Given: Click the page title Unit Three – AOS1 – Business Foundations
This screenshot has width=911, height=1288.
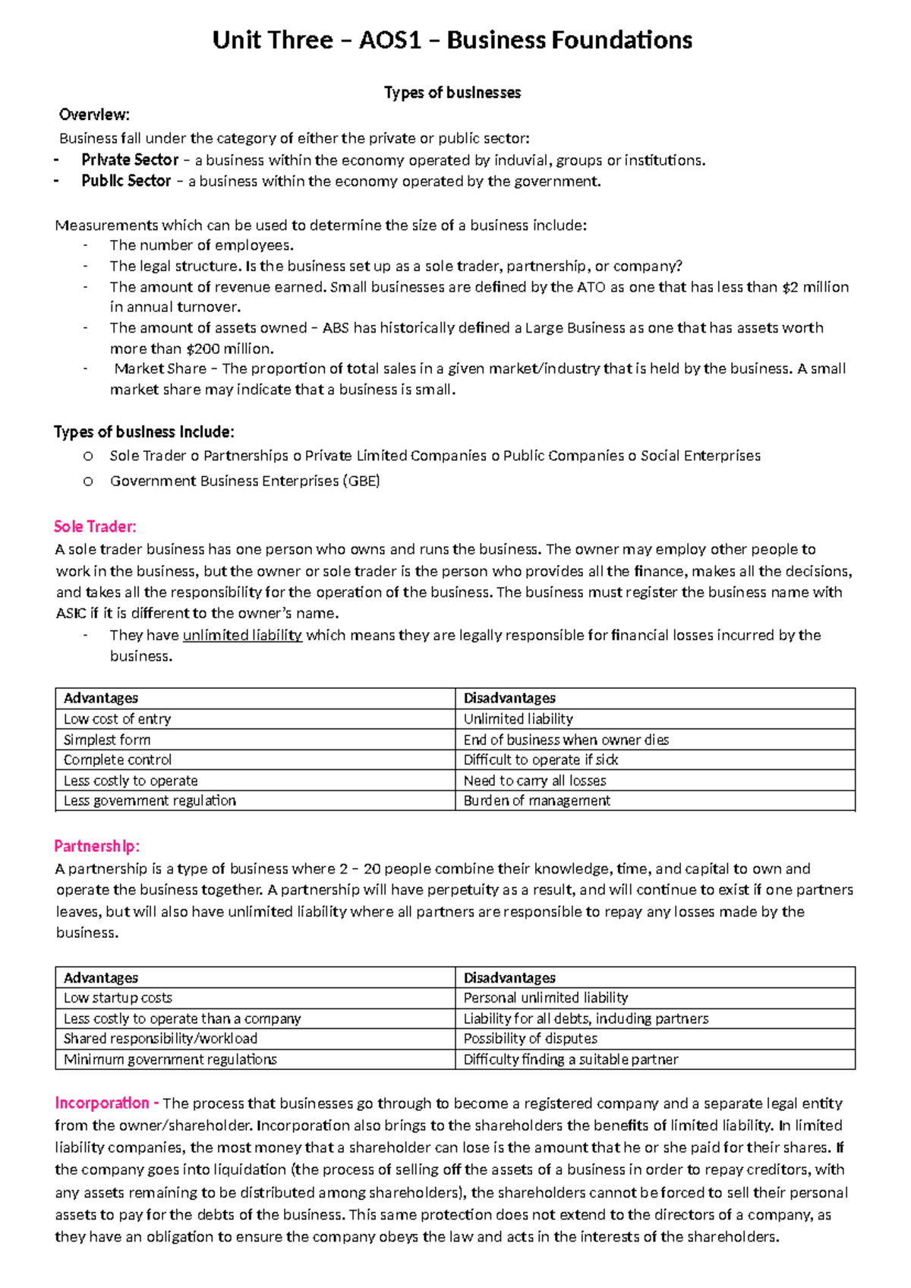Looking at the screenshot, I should pos(452,40).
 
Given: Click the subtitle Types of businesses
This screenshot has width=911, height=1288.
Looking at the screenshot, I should pos(452,93).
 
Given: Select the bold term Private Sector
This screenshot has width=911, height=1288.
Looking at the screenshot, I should pos(130,160).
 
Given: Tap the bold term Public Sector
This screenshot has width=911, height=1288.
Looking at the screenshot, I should pos(126,182).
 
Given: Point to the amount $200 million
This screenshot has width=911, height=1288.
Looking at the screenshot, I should pos(228,349).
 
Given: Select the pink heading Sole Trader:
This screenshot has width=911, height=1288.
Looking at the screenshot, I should pos(95,526).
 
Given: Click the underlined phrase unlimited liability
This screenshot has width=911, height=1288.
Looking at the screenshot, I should pos(242,635).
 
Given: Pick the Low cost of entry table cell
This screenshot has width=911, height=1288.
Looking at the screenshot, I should pos(118,719).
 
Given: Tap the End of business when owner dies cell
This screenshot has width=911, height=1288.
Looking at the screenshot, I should pos(566,740).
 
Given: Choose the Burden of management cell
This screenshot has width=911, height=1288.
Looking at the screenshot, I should pos(537,800).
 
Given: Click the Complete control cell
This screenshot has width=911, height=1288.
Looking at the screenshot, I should pos(118,760).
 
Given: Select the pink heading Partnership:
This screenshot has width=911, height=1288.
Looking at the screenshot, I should pos(97,846).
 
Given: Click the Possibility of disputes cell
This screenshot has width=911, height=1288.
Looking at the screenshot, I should pos(530,1038).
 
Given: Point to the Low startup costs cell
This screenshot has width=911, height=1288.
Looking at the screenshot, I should pos(118,998).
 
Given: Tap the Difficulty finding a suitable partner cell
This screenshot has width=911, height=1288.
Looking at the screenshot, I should pos(571,1059).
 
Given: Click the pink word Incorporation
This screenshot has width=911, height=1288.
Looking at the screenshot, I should pos(102,1103).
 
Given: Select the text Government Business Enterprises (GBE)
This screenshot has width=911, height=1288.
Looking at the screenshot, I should pos(244,481).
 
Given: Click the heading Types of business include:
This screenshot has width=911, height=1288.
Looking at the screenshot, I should pos(144,432).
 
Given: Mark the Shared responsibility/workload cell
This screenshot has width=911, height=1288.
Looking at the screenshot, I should pos(160,1038).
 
